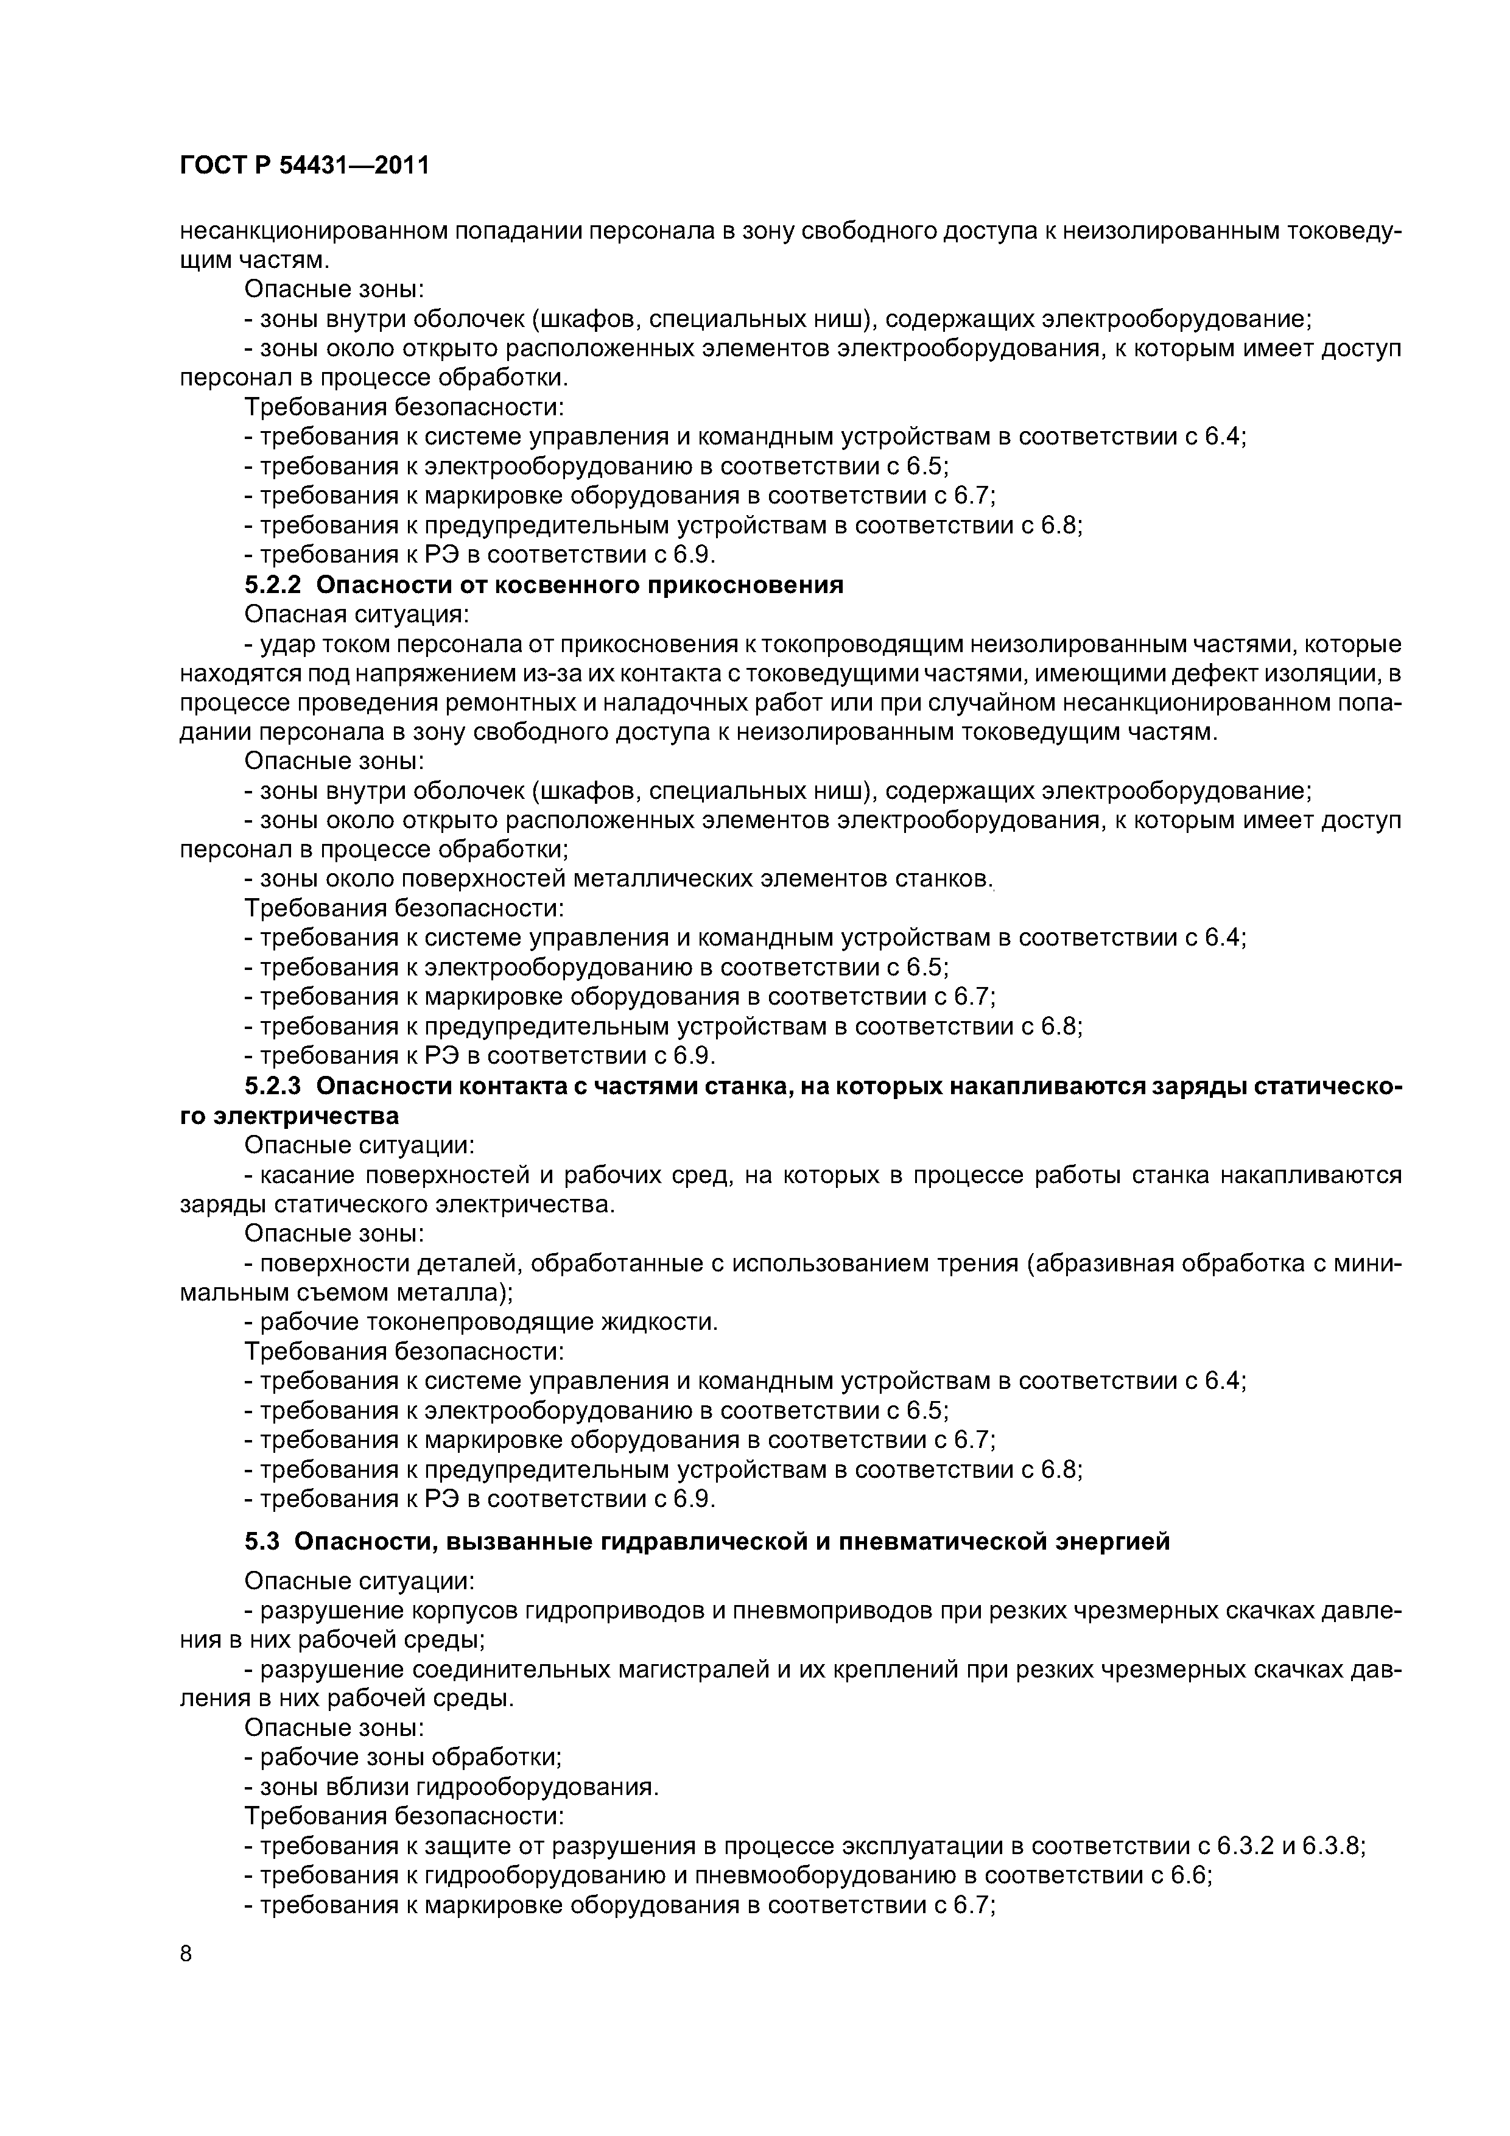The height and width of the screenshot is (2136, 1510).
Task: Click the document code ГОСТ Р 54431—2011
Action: [x=304, y=166]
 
